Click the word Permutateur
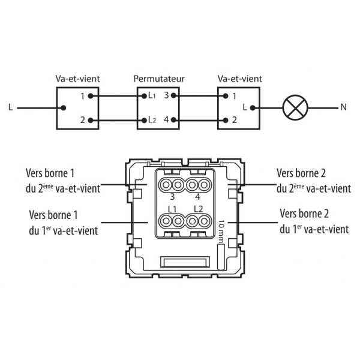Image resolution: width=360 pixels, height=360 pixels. [159, 79]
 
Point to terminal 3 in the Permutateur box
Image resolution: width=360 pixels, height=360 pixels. [167, 96]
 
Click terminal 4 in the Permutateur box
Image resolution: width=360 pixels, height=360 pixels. [167, 121]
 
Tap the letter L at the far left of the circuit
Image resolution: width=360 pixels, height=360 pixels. [11, 109]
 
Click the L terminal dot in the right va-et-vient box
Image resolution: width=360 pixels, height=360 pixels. [253, 109]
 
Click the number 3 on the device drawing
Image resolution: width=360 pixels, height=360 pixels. [172, 196]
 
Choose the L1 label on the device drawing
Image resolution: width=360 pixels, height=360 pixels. [172, 209]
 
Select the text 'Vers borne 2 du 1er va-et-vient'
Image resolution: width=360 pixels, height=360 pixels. [314, 221]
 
